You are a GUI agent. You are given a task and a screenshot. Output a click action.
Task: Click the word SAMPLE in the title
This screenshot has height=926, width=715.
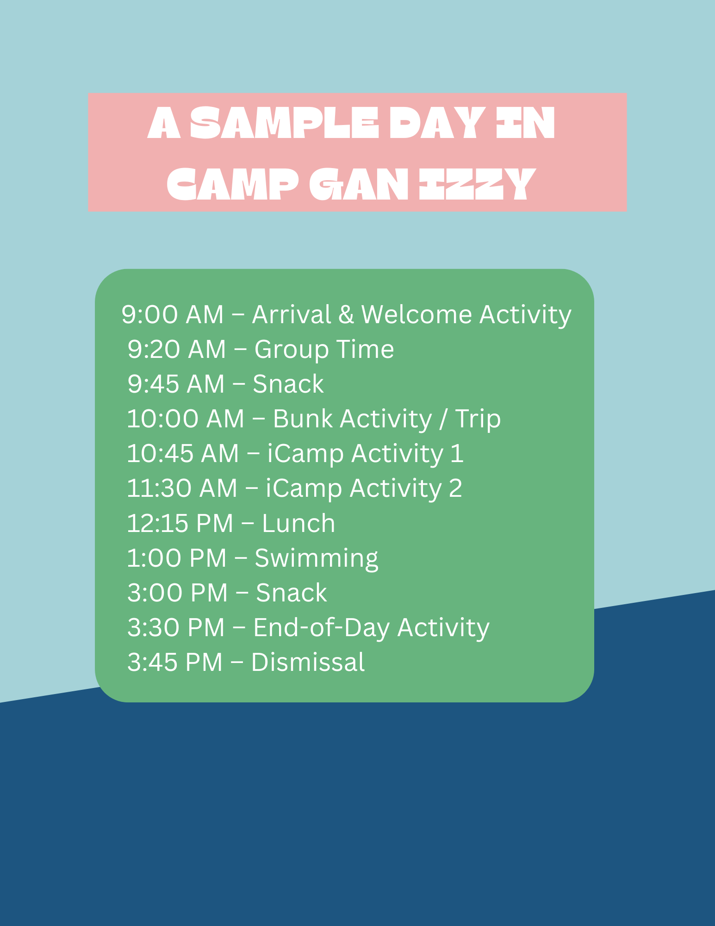[284, 123]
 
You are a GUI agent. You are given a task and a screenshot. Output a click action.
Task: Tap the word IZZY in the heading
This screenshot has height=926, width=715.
[476, 184]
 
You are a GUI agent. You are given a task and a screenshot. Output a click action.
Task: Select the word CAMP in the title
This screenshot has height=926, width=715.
[232, 184]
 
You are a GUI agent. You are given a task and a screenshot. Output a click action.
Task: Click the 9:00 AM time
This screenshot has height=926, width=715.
[172, 314]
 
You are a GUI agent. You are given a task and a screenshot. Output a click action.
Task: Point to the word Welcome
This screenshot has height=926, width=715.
[416, 314]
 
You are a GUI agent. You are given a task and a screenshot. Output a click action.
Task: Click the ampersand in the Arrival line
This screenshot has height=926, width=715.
[346, 314]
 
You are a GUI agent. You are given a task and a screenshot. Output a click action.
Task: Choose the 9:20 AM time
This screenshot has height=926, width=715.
[176, 349]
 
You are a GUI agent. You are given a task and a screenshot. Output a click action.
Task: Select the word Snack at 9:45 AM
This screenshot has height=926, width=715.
[288, 384]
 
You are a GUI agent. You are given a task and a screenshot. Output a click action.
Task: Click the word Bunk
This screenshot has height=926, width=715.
[303, 419]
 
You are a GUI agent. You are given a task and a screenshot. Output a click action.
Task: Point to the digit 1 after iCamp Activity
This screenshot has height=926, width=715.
[457, 453]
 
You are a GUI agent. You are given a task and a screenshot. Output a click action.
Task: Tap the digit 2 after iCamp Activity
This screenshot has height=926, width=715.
[455, 488]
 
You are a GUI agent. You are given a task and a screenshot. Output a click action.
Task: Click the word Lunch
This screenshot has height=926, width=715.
[298, 523]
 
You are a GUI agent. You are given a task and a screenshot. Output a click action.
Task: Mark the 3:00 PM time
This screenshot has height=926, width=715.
[178, 593]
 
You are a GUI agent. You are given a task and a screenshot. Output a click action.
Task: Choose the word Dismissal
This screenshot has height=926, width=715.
[308, 662]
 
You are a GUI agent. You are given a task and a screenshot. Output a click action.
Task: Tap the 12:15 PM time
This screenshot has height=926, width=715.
[180, 523]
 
